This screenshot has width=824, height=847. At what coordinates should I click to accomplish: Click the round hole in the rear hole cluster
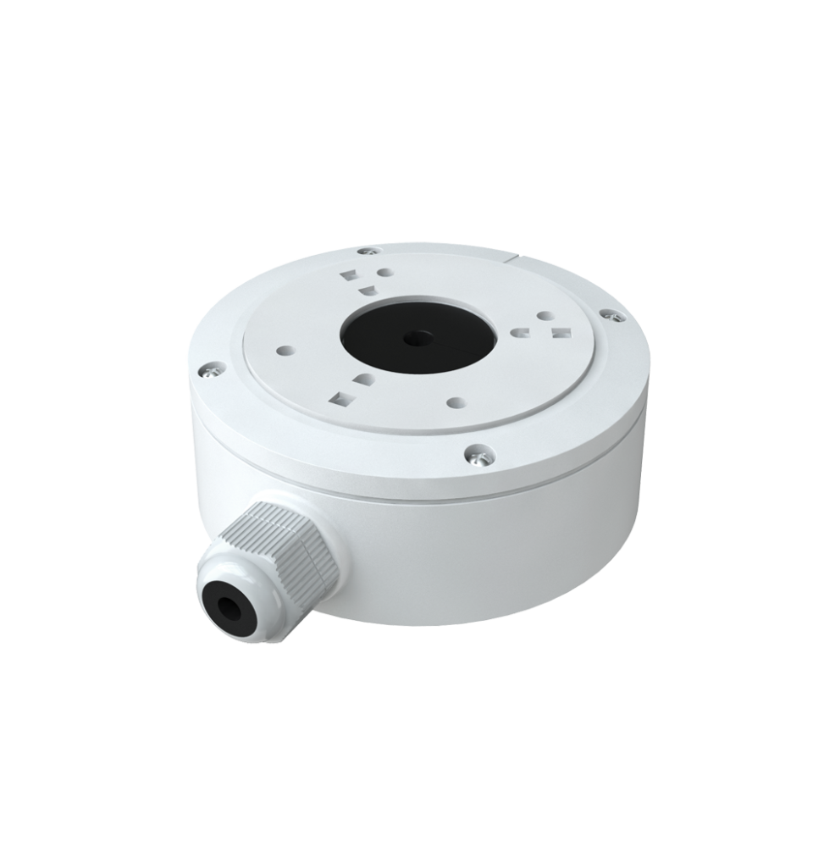(x=384, y=273)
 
